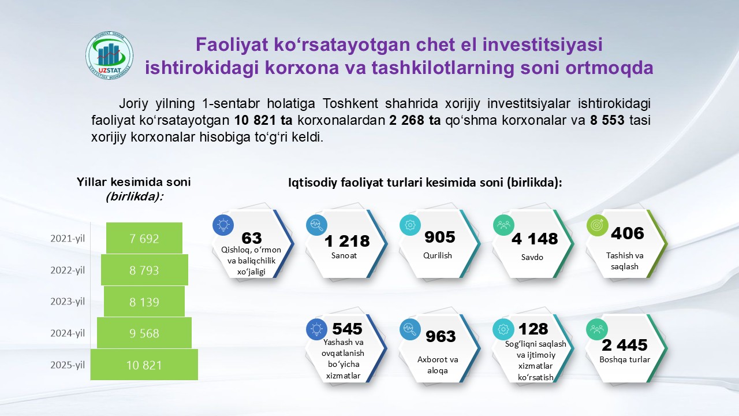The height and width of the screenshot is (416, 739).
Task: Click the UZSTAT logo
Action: [x=110, y=55]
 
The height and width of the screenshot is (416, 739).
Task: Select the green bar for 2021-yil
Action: [x=144, y=238]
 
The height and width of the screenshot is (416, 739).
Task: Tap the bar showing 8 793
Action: [x=144, y=270]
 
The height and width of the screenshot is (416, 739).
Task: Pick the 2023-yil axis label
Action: [x=68, y=302]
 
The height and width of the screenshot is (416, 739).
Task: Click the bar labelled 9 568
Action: [x=144, y=333]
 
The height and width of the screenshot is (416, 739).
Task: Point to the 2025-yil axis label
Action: [x=68, y=365]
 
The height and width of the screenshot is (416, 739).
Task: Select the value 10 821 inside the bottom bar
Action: [x=144, y=365]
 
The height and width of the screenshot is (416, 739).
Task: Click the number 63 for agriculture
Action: [x=252, y=237]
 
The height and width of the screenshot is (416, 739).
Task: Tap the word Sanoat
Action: [x=344, y=255]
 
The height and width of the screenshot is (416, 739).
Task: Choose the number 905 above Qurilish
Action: [x=440, y=237]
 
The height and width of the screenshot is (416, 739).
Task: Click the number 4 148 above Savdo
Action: [x=535, y=239]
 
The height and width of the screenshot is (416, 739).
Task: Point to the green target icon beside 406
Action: [x=597, y=225]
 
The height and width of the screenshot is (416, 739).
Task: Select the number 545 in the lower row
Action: [x=347, y=329]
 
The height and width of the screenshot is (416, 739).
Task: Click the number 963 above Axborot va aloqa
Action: [x=441, y=336]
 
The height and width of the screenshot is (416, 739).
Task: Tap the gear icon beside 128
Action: [x=503, y=329]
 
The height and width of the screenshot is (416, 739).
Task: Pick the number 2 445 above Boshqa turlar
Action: [x=625, y=345]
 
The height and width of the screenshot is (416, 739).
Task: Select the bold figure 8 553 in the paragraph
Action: [x=607, y=120]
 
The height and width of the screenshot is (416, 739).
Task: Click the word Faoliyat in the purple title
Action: [x=232, y=44]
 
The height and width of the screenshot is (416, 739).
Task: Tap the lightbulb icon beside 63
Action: [x=223, y=225]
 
